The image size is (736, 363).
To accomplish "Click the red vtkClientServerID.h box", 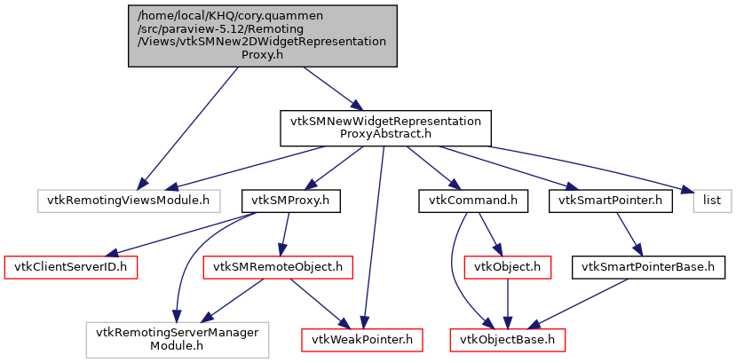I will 71,265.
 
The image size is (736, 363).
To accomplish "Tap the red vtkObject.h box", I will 506,265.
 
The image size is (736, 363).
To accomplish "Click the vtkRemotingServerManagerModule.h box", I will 178,338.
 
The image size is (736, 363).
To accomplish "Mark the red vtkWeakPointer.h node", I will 362,338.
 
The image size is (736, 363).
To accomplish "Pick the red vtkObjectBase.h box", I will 506,338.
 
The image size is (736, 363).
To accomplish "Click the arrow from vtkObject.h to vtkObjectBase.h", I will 506,302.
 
